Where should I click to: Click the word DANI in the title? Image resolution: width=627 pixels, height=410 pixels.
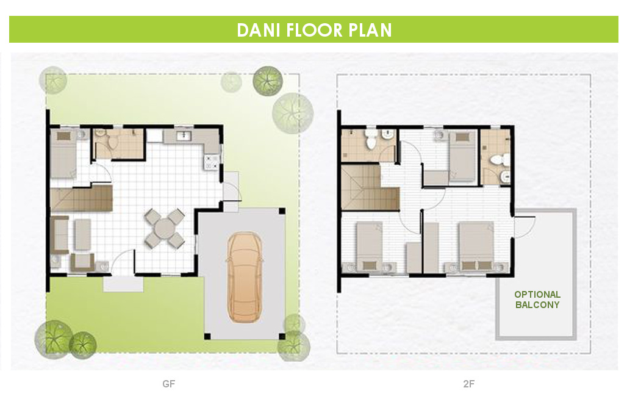(x=259, y=30)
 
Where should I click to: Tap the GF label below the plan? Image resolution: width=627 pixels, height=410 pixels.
(x=169, y=384)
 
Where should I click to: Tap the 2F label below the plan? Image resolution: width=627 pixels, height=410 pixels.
(x=469, y=384)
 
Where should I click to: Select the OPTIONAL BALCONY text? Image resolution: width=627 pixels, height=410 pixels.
(x=537, y=300)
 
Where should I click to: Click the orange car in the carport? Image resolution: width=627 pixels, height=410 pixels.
(x=245, y=277)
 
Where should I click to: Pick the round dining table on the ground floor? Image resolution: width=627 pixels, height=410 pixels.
(x=164, y=228)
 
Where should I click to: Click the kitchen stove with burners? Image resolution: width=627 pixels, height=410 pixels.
(x=211, y=162)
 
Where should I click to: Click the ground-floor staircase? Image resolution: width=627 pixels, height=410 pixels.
(x=81, y=198)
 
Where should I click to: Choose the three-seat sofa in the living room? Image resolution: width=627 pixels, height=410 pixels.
(x=59, y=235)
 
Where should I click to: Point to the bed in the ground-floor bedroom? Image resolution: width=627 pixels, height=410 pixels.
(x=63, y=153)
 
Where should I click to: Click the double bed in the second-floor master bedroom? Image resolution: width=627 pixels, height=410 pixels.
(x=476, y=247)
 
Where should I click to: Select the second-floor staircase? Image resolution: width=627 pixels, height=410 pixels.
(x=370, y=187)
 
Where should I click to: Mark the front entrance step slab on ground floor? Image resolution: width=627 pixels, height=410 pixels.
(x=123, y=284)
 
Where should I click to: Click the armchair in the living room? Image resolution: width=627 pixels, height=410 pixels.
(x=82, y=262)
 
